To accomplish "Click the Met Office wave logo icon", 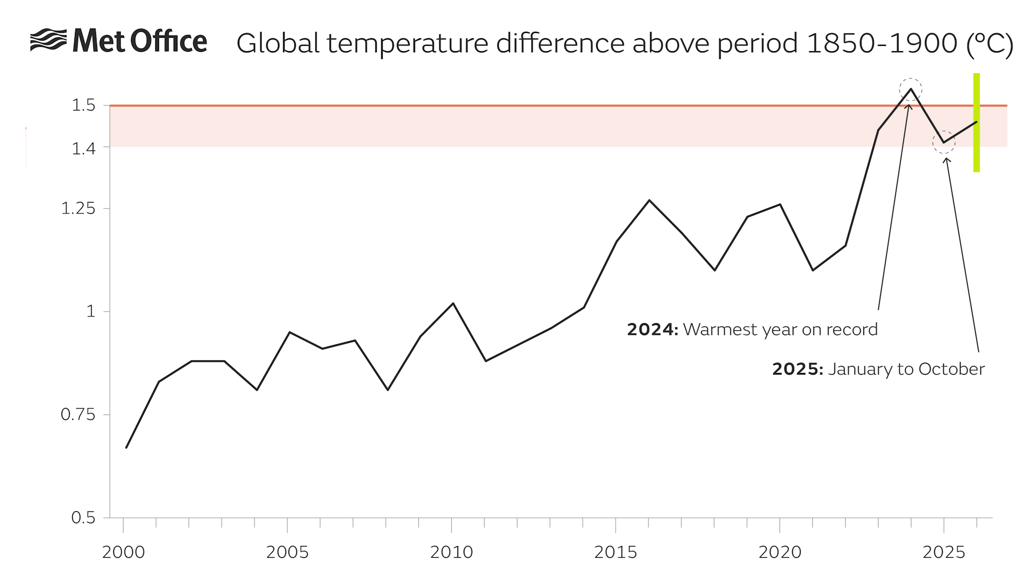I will click(49, 40).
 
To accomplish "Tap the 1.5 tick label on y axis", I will click(84, 105).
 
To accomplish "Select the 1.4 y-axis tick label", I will click(84, 148).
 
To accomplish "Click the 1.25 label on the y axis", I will click(78, 209).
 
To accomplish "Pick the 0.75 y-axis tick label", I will click(78, 414).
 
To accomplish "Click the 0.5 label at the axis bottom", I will click(83, 517).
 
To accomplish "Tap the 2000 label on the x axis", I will click(123, 552).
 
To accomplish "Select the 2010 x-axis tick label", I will click(452, 552).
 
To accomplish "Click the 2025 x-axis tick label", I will click(944, 552).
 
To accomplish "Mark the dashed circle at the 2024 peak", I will click(910, 89).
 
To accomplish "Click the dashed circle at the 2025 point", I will click(944, 142).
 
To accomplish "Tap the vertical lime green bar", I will click(976, 123).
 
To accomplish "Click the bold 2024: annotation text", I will click(652, 329).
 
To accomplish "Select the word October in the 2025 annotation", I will click(951, 369).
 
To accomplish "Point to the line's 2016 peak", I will click(649, 200).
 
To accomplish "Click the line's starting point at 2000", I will click(126, 447).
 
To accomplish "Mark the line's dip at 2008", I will click(388, 390).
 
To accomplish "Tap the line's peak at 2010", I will click(453, 303).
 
